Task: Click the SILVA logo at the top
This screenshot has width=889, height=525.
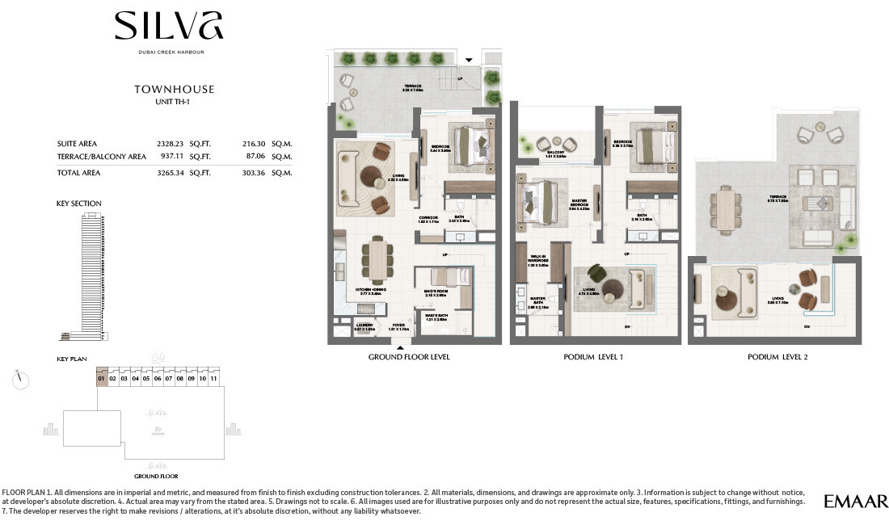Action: (169, 27)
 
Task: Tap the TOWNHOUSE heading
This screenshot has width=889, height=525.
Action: (174, 90)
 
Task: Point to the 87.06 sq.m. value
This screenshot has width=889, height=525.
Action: (255, 157)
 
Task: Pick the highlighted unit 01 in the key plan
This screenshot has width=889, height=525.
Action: (102, 378)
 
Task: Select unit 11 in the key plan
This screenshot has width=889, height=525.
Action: (213, 378)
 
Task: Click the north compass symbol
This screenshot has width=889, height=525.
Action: (22, 378)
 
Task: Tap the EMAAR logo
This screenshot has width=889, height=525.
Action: (856, 502)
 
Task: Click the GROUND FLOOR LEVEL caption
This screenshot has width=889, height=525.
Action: (409, 356)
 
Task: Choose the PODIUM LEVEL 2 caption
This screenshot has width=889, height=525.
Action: (774, 356)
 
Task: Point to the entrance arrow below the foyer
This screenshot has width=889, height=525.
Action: (398, 347)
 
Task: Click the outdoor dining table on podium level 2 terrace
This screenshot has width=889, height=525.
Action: (729, 208)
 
